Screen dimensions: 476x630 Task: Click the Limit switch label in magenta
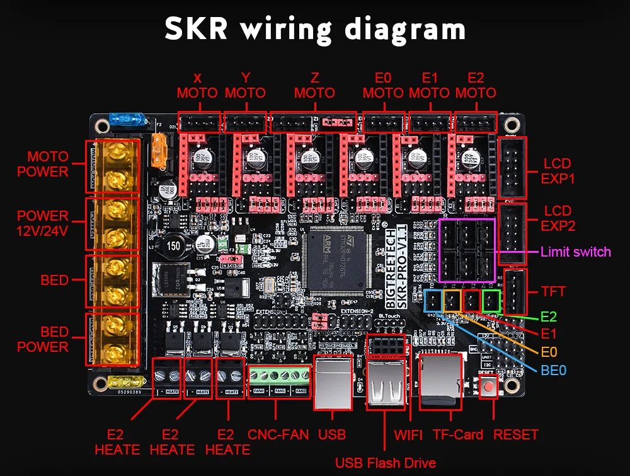576,252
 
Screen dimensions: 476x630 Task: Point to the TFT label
554,291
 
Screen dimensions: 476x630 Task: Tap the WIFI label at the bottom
408,434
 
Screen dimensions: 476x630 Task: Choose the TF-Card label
458,434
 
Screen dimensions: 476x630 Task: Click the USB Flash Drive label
385,463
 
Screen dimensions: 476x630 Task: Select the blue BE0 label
554,369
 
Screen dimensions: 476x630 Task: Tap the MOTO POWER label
43,163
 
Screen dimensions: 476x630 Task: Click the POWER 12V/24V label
43,223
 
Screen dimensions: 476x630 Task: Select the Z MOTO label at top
314,85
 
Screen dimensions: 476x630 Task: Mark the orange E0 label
549,352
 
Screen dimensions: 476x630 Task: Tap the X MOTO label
197,85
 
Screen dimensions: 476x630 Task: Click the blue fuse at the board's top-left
120,119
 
